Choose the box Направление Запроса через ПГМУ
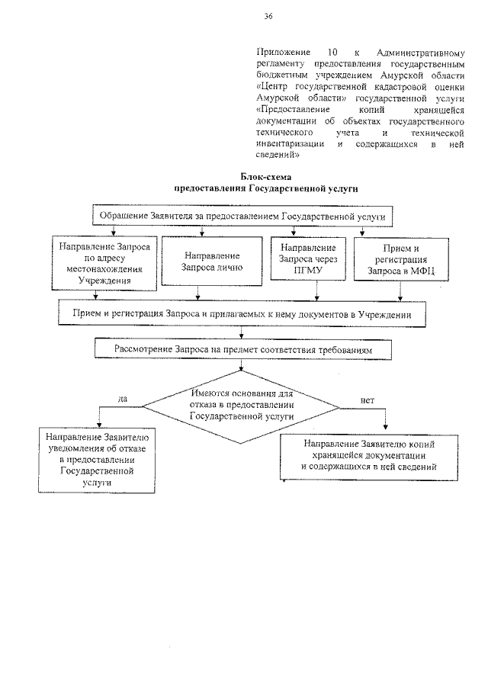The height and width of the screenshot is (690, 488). pyautogui.click(x=308, y=262)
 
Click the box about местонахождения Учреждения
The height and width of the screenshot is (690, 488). pyautogui.click(x=104, y=263)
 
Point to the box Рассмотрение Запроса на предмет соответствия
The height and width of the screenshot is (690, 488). pyautogui.click(x=243, y=349)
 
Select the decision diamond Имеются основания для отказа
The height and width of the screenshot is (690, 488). pyautogui.click(x=242, y=406)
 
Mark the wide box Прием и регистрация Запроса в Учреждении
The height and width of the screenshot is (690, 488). pyautogui.click(x=242, y=313)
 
